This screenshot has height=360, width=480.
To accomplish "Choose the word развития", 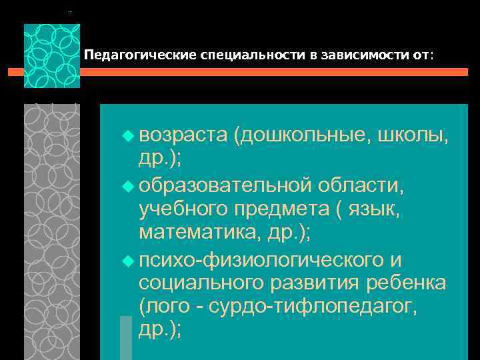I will (x=314, y=283).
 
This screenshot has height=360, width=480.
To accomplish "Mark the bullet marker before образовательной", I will (x=128, y=183).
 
